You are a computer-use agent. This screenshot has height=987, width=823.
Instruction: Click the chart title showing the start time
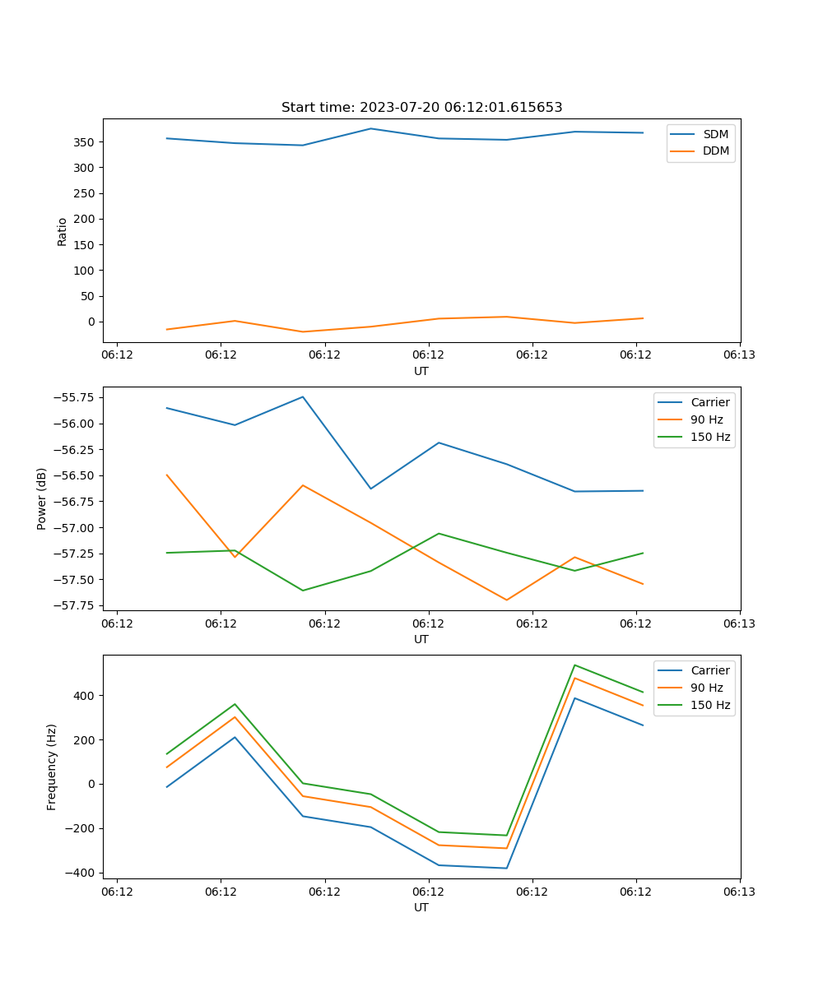tap(421, 108)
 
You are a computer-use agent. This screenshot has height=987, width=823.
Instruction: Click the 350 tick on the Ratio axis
tap(86, 142)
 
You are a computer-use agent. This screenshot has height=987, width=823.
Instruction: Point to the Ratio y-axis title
tap(63, 231)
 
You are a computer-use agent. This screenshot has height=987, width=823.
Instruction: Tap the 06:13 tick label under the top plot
tap(739, 355)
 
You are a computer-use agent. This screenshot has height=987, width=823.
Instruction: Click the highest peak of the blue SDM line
tap(370, 128)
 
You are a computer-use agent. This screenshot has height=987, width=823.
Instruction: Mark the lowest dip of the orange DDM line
tap(303, 332)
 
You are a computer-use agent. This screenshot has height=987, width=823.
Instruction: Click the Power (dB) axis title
tap(42, 498)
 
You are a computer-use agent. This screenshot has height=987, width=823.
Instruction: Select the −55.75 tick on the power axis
tap(75, 397)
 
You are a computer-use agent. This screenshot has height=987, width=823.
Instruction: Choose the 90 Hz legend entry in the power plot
tap(706, 419)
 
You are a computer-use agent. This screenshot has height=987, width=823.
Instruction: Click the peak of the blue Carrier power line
tap(303, 396)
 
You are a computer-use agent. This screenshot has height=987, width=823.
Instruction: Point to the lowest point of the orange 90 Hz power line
tap(506, 600)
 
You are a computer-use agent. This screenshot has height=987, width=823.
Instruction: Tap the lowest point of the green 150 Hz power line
tap(303, 591)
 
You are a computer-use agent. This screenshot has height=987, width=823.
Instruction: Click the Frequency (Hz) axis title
tap(52, 767)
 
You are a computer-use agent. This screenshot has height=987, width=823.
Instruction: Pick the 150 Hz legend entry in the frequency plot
tap(710, 705)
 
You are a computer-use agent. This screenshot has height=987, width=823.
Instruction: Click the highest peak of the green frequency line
tap(574, 665)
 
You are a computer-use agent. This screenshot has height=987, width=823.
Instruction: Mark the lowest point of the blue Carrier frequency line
tap(506, 869)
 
